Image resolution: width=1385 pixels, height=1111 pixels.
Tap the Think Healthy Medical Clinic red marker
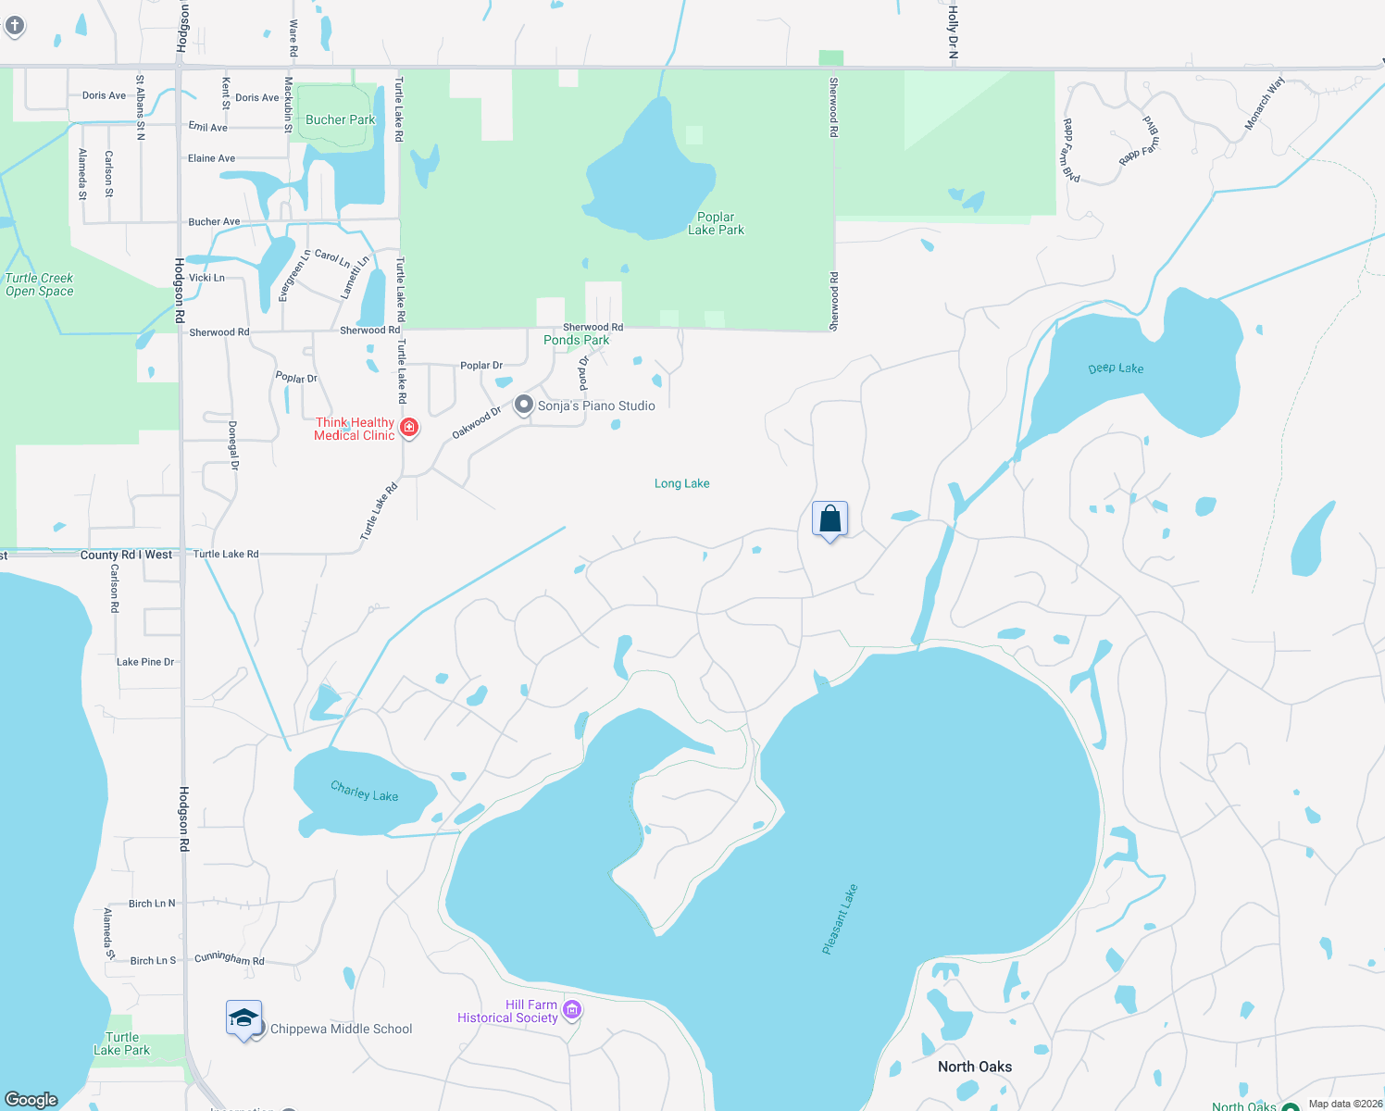point(408,428)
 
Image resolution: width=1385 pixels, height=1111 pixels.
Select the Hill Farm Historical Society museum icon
point(572,1010)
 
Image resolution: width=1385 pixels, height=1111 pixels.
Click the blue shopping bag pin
point(830,518)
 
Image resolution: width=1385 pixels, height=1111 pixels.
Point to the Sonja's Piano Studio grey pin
point(524,405)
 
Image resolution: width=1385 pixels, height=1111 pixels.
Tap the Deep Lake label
point(1116,368)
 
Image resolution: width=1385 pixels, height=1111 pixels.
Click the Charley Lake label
point(365,792)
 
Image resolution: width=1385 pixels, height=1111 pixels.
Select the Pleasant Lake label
point(840,919)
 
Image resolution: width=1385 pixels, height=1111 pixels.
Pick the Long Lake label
point(682,483)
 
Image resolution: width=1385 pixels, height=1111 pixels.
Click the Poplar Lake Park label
point(716,223)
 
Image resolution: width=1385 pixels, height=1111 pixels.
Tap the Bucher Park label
point(341,119)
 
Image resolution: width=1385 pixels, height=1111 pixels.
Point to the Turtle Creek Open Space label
point(39,284)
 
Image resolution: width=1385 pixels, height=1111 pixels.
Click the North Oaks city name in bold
point(975,1067)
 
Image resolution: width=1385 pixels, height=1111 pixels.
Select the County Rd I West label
point(126,555)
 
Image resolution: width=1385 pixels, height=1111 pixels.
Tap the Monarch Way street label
point(1264,104)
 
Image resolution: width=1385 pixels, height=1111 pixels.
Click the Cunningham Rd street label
point(230,958)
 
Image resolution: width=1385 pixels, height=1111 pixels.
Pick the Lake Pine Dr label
point(145,662)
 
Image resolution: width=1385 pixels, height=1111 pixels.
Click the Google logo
point(31,1100)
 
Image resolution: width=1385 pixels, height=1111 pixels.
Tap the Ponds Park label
point(576,340)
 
